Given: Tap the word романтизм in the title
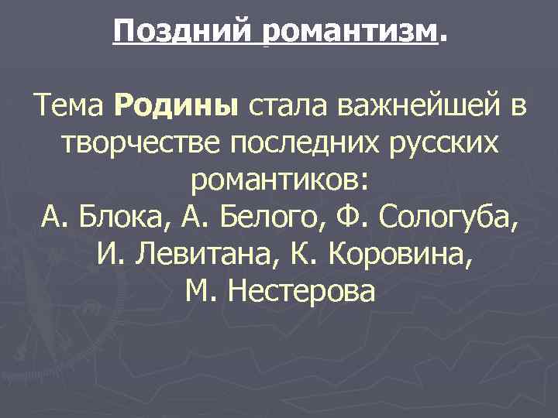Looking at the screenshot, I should [x=350, y=32].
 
